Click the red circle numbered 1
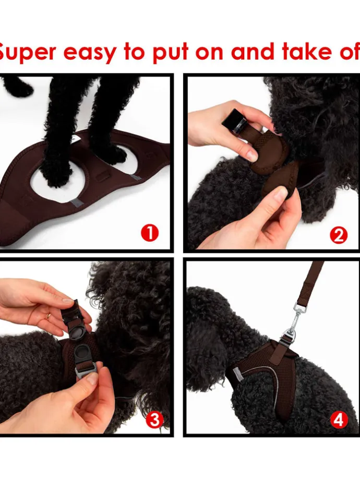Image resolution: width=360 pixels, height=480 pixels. [150, 234]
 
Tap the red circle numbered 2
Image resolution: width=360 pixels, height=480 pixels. [339, 235]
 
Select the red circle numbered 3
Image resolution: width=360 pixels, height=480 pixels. [154, 419]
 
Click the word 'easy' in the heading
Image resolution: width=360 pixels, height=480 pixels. [89, 53]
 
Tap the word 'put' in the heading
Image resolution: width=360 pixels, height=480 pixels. [170, 52]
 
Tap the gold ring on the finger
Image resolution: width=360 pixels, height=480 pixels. [48, 316]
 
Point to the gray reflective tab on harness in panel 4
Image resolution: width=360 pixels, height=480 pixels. [237, 375]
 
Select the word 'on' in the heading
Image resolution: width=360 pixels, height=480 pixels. [209, 52]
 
